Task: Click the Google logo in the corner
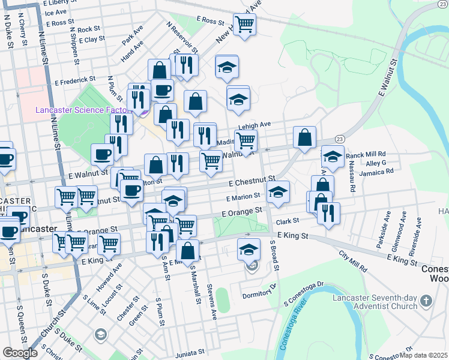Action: tap(19, 353)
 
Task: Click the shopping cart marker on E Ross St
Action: tap(245, 25)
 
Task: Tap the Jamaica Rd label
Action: tap(376, 172)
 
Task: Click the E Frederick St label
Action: tap(75, 79)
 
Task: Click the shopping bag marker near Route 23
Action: tap(305, 137)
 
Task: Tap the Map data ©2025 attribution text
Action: tap(423, 355)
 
